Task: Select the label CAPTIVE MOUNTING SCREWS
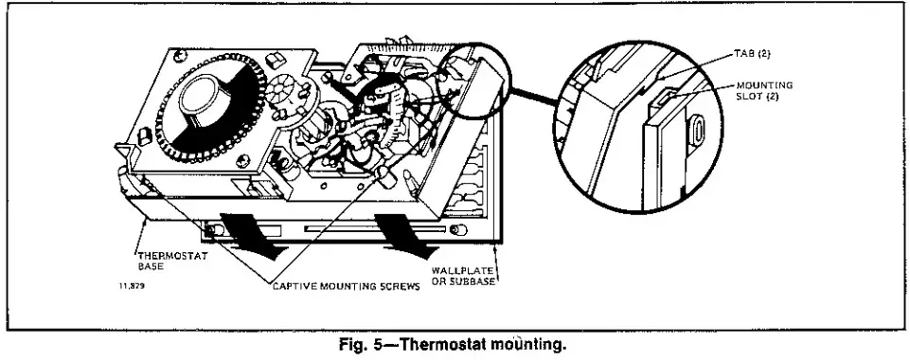click(346, 284)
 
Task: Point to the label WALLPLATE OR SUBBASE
click(463, 276)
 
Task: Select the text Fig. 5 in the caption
click(366, 344)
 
